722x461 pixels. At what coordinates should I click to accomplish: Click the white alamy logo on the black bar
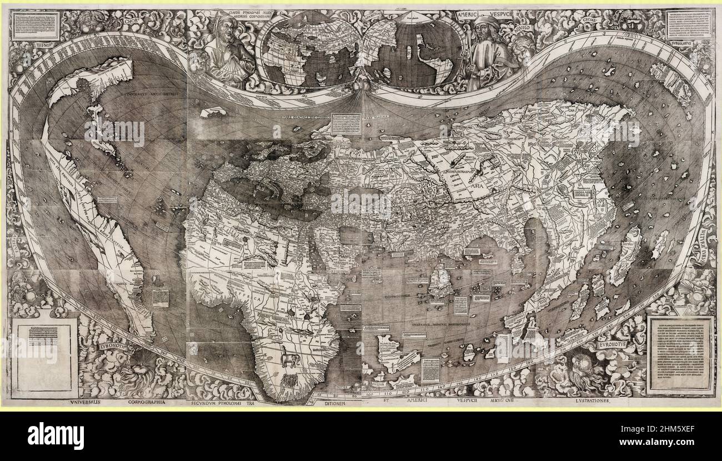tap(56, 435)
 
